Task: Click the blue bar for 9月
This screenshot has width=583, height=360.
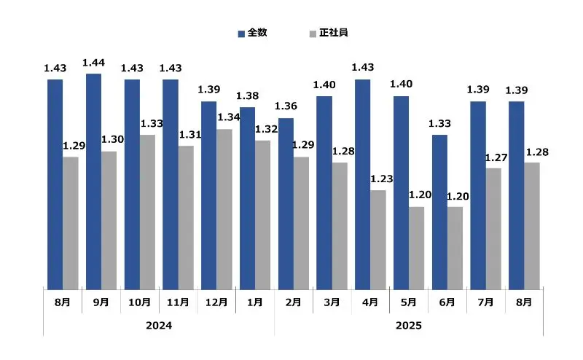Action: click(93, 181)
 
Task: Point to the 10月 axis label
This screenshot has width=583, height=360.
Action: click(139, 302)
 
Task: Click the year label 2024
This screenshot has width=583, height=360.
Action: click(159, 325)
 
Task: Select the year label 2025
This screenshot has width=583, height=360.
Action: click(409, 325)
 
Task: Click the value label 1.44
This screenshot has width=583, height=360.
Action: click(94, 63)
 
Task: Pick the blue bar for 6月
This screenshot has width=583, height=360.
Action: click(439, 212)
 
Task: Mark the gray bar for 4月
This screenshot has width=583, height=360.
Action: click(378, 240)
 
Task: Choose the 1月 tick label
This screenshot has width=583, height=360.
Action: click(255, 302)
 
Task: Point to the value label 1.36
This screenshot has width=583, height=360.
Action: click(286, 107)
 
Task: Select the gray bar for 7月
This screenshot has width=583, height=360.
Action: click(493, 229)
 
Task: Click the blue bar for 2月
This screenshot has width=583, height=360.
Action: click(286, 203)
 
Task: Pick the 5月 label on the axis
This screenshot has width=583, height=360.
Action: click(409, 302)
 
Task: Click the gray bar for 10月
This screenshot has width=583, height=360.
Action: click(147, 212)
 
